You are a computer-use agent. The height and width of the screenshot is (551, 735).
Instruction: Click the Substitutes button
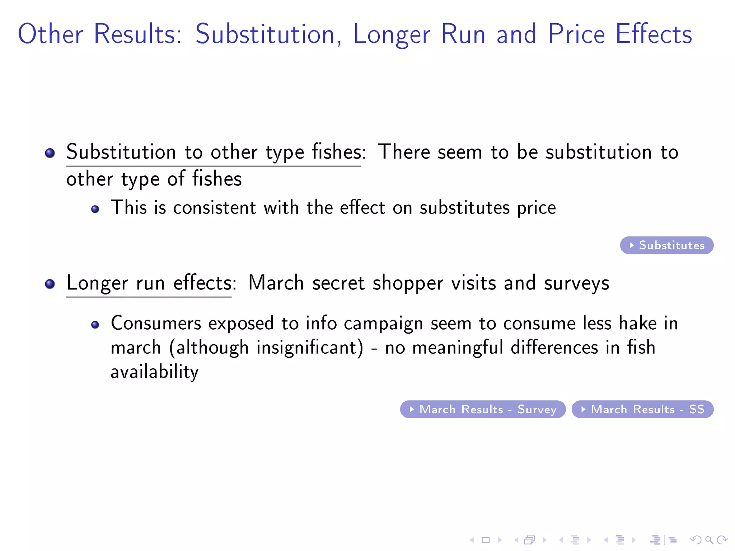[666, 245]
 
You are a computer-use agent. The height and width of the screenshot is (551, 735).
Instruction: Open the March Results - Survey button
[483, 409]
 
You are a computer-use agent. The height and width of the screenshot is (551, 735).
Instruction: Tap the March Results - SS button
[642, 409]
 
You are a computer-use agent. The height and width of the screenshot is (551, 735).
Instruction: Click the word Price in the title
[576, 34]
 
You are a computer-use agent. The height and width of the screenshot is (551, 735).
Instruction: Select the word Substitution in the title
[265, 34]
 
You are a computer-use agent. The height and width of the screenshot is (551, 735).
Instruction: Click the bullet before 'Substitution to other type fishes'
[50, 153]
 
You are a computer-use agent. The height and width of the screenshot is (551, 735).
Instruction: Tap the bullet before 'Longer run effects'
[50, 284]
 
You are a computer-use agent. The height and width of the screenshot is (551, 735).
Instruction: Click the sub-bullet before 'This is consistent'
[95, 209]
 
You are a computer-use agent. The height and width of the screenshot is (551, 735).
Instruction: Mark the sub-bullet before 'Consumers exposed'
[95, 325]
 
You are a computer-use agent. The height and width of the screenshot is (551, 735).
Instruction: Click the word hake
[638, 323]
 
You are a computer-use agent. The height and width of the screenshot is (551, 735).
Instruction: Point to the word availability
[154, 372]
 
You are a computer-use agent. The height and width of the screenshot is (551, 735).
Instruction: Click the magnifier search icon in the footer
[708, 540]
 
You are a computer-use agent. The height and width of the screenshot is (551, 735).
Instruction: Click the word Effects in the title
[654, 34]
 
